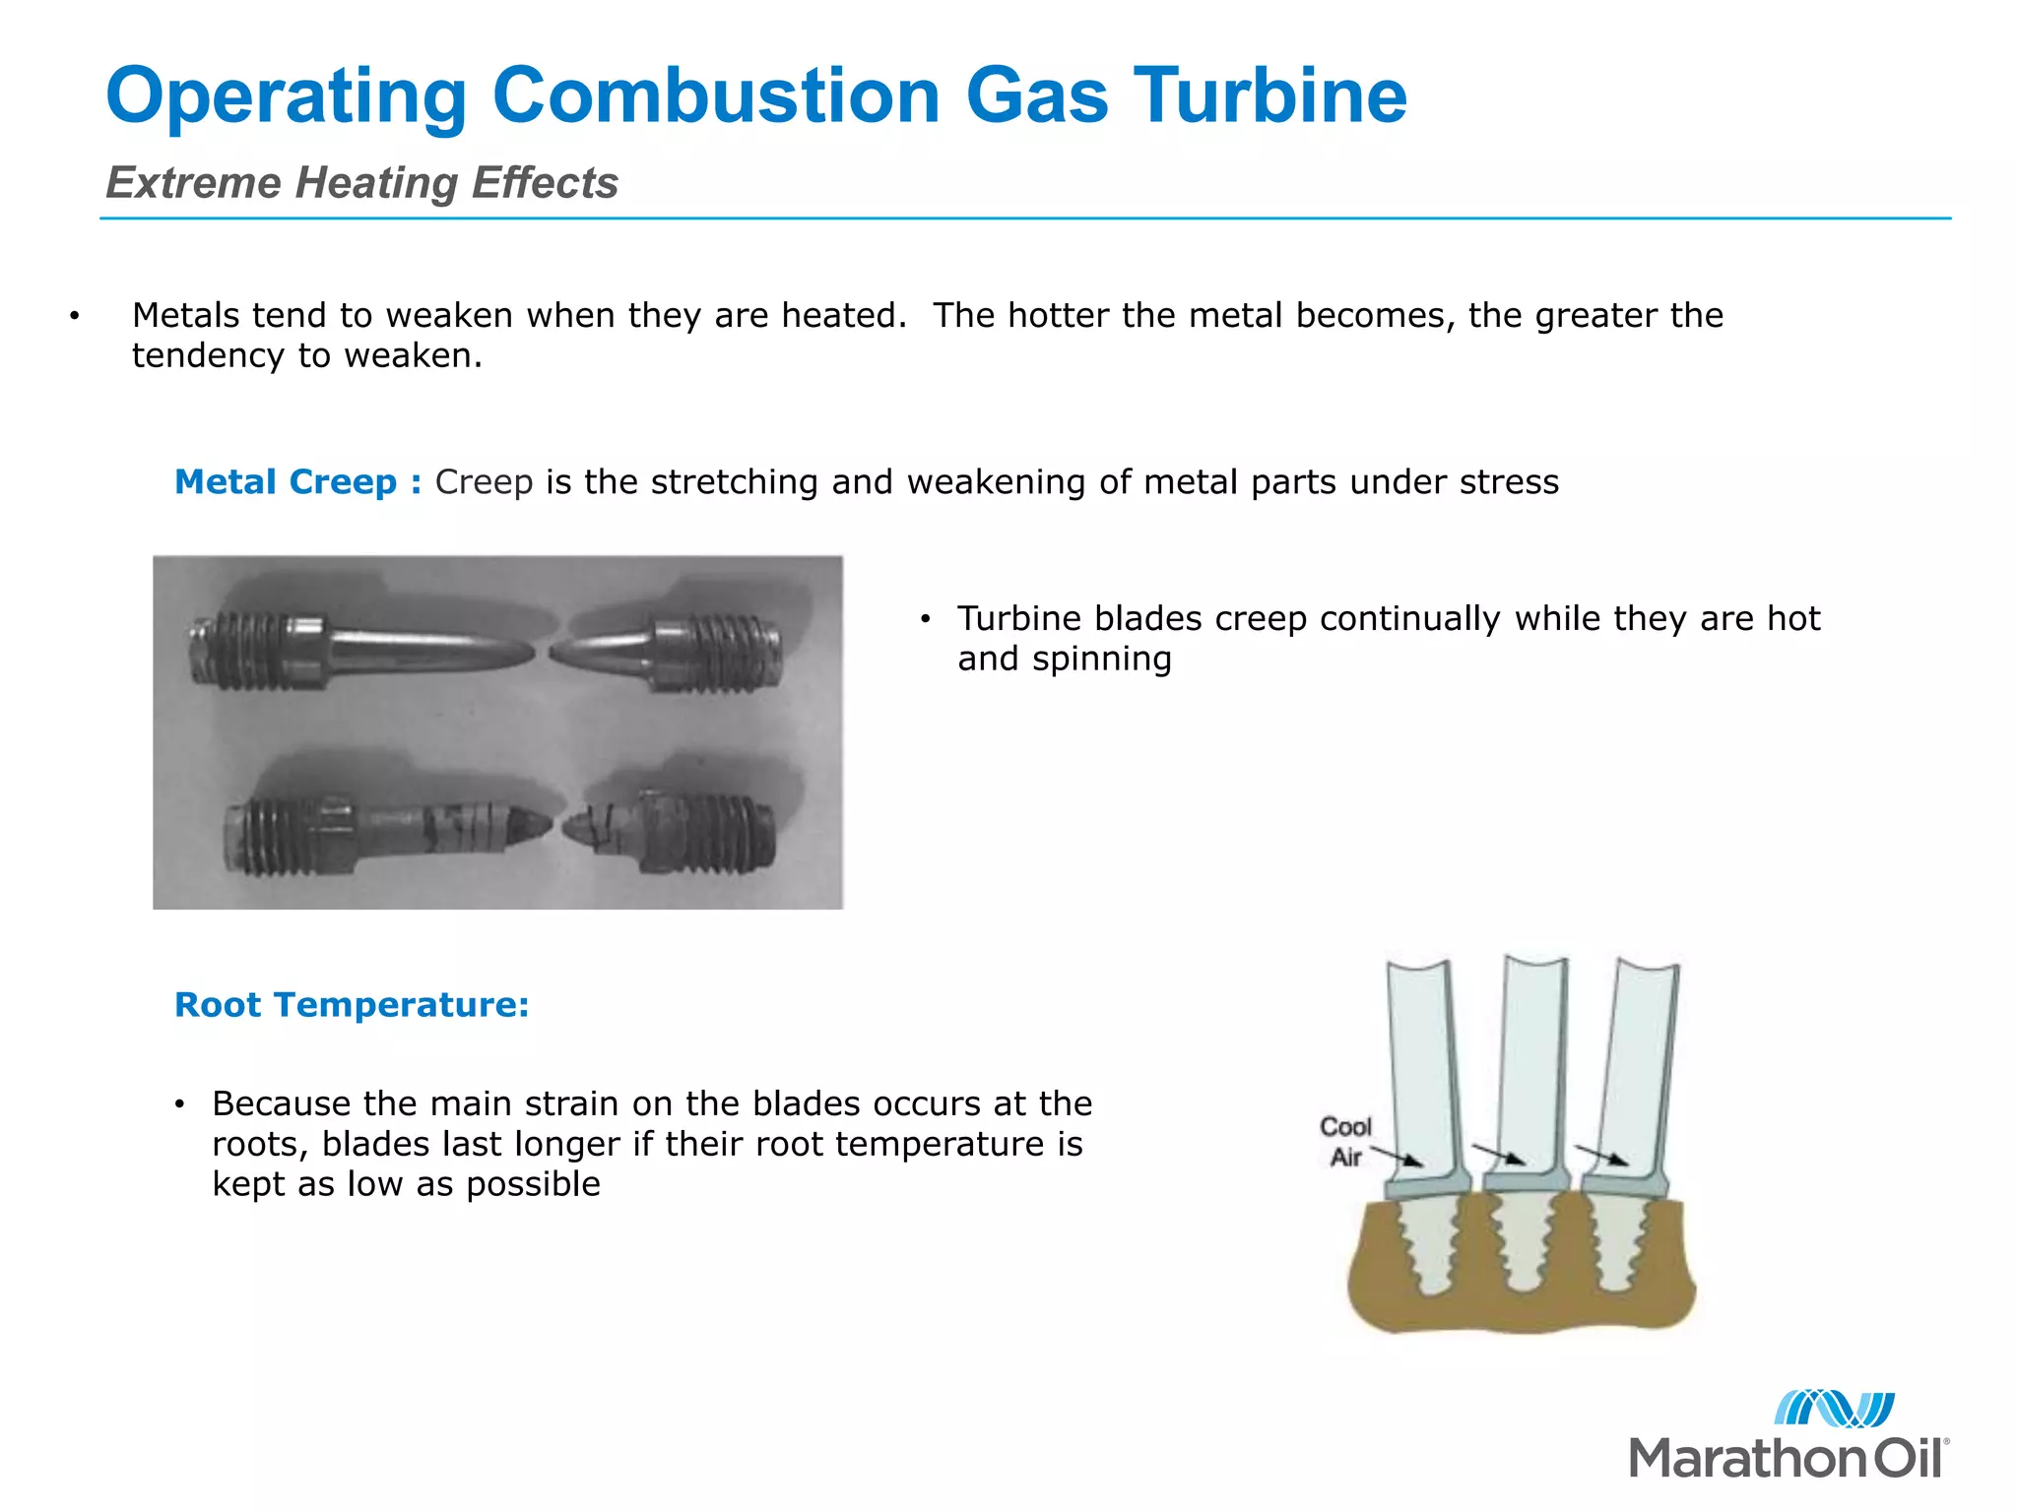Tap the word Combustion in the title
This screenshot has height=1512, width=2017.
click(x=716, y=95)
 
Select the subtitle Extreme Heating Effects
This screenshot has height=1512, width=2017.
click(x=361, y=183)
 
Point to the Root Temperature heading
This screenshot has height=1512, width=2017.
click(x=352, y=1005)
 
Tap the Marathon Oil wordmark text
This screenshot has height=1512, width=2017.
click(x=1788, y=1458)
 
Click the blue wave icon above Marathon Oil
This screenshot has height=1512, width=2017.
click(x=1834, y=1409)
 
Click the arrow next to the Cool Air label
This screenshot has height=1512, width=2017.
click(x=1397, y=1156)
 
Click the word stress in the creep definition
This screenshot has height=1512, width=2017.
click(x=1509, y=482)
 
